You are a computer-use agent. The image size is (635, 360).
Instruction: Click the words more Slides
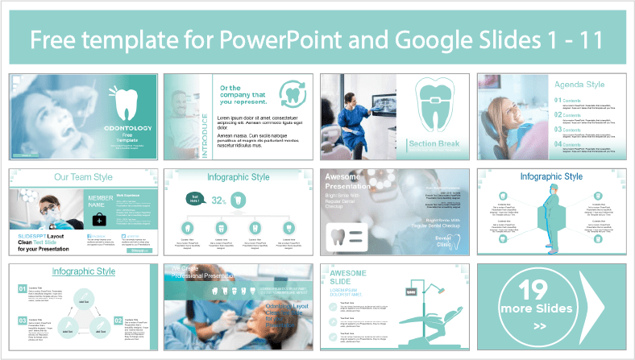point(533,309)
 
